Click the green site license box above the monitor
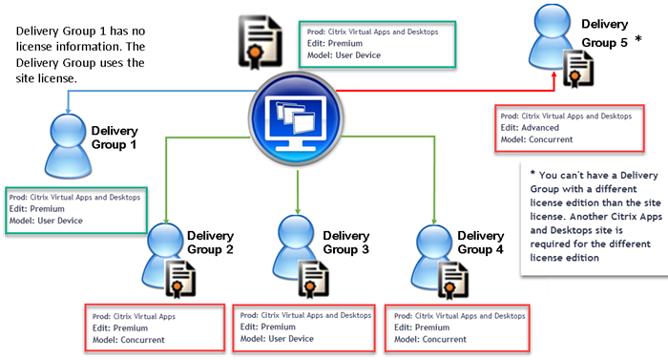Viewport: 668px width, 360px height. pyautogui.click(x=375, y=42)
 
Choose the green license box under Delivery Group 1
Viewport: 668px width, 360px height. pyautogui.click(x=75, y=208)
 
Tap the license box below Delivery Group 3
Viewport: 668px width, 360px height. pyautogui.click(x=303, y=327)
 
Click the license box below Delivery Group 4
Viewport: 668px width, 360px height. pyautogui.click(x=457, y=327)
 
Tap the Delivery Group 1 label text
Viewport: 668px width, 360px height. pyautogui.click(x=115, y=138)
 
